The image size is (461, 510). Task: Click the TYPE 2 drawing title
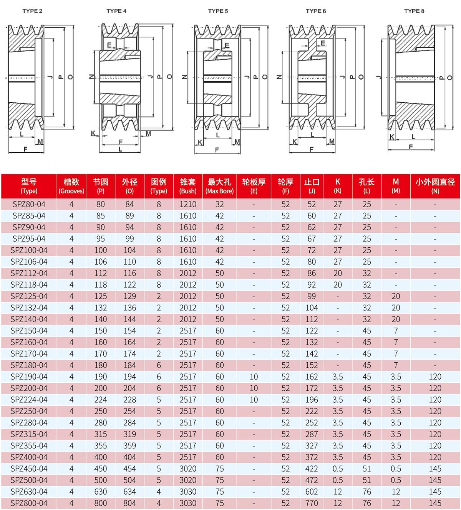coord(32,11)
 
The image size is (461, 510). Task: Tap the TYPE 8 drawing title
coord(414,11)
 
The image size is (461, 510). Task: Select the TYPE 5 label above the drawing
coord(218,11)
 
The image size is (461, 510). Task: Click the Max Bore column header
coord(219,186)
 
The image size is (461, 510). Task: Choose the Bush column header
coord(188,186)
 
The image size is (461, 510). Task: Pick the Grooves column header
coord(71,186)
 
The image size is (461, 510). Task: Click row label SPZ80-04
coord(29,204)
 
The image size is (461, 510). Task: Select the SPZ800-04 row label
coord(29,503)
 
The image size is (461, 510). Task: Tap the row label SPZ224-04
coord(29,400)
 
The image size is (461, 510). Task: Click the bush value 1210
coord(188,204)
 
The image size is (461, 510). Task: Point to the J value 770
coord(312,503)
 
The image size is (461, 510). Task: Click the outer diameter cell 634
coord(130,492)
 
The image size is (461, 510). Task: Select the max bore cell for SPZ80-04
coord(219,204)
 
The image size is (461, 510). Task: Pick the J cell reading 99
coord(312,296)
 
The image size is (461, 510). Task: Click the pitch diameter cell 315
coord(101,434)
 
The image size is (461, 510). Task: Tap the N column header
coord(435,186)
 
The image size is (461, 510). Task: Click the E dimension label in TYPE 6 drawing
coord(323,43)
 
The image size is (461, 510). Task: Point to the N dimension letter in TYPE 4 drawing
coord(91,77)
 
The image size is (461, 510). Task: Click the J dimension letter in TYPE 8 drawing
coord(380,77)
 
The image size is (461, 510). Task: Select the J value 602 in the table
coord(312,492)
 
